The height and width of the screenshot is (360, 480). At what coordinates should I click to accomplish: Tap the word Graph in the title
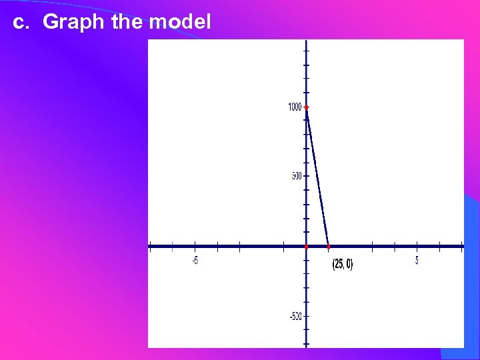73,23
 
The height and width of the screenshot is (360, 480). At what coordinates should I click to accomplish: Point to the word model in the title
180,22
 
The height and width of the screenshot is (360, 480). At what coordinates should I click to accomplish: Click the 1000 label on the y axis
294,107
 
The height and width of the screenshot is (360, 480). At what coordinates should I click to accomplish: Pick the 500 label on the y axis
295,176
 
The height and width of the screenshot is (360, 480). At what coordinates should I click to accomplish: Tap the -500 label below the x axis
295,316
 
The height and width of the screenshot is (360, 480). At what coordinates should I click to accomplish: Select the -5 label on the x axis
195,261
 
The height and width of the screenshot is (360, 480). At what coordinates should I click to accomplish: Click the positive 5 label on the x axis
417,261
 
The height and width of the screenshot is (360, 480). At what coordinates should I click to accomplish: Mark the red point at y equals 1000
307,107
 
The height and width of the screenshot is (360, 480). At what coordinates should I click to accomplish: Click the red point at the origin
306,247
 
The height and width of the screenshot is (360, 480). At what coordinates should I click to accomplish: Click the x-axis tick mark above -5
195,247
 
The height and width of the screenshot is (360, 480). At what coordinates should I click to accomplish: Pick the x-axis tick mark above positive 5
417,247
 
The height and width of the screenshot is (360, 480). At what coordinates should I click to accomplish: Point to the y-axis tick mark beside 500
306,177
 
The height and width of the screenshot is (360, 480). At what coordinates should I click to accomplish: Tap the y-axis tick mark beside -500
306,316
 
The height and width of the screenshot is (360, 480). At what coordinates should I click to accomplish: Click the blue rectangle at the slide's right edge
471,273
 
